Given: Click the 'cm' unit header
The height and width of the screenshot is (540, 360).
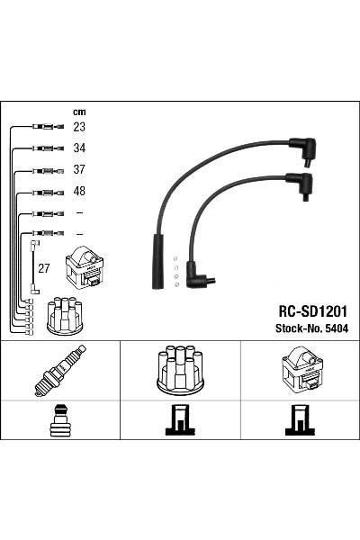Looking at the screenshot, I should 78,112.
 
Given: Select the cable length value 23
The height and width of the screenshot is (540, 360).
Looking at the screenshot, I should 79,128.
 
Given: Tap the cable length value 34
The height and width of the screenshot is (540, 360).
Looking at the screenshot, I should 79,148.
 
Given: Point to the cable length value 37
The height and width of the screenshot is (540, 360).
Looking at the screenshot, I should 79,170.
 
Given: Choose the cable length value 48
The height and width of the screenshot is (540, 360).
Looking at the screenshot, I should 79,192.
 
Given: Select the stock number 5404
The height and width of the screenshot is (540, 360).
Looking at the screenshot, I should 335,328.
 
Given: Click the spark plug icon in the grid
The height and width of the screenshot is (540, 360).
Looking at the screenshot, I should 59,371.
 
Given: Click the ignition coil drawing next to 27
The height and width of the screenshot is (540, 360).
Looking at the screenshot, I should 85,267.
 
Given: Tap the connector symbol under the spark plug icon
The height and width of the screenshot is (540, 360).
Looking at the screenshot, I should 59,420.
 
